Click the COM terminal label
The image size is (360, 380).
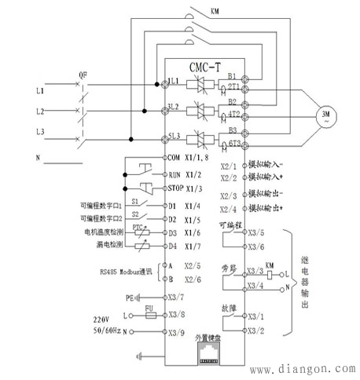174,158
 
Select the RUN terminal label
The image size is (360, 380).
174,174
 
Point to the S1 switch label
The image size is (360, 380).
134,202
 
